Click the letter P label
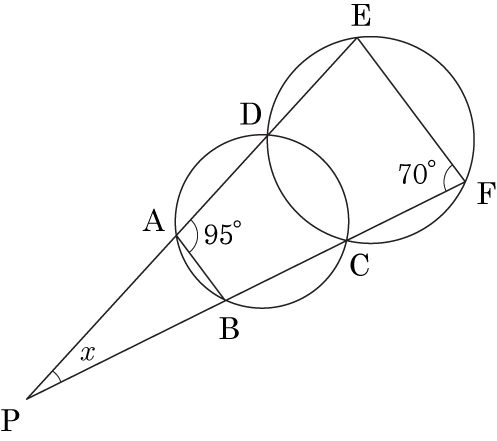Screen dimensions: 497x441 pos(11,420)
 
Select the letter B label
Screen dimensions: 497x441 pos(229,328)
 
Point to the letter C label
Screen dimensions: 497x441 pos(359,265)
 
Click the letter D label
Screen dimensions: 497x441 pos(250,115)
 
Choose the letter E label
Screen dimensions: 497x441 pos(361,16)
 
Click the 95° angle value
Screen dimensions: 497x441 pos(223,233)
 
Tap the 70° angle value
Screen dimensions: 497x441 pos(417,173)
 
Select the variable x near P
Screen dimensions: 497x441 pos(88,354)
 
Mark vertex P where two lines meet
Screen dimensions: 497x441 pos(27,398)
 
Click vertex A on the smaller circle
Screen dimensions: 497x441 pos(176,235)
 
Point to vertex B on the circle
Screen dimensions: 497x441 pos(226,301)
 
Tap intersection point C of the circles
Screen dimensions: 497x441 pos(347,240)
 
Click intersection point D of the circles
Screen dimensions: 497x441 pos(267,135)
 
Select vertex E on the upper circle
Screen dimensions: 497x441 pos(357,38)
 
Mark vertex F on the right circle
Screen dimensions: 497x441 pos(465,182)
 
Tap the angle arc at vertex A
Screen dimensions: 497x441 pos(197,235)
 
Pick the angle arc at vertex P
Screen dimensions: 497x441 pos(57,375)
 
